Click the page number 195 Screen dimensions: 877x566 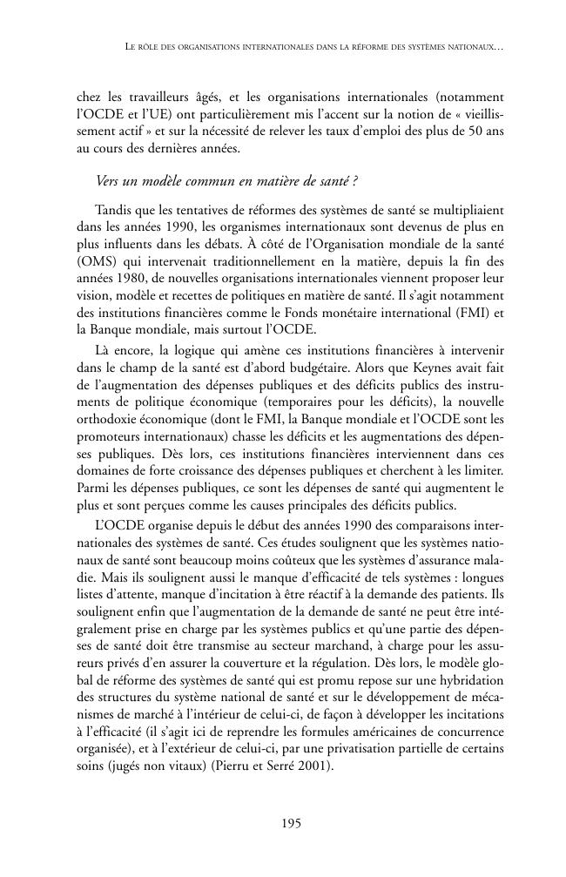[291, 823]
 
